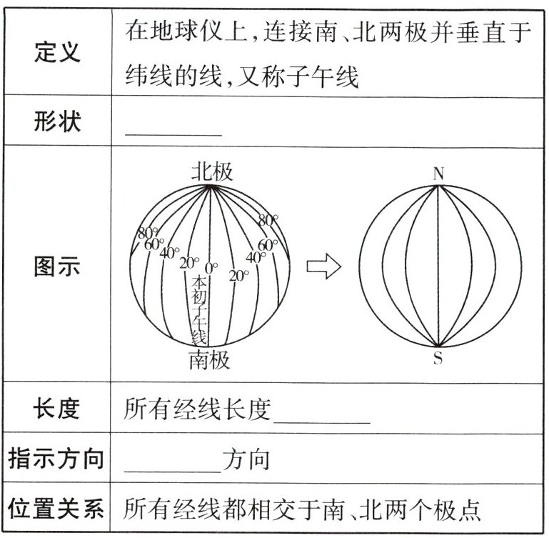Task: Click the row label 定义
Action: click(x=57, y=52)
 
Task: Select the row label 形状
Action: click(x=57, y=121)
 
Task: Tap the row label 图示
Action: click(x=57, y=267)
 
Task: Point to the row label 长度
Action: click(x=57, y=409)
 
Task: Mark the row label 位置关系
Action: click(x=57, y=509)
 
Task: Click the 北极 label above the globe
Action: click(x=211, y=171)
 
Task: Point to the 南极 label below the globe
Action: click(x=210, y=359)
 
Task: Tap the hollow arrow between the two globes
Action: click(x=323, y=267)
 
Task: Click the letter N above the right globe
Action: click(x=438, y=174)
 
